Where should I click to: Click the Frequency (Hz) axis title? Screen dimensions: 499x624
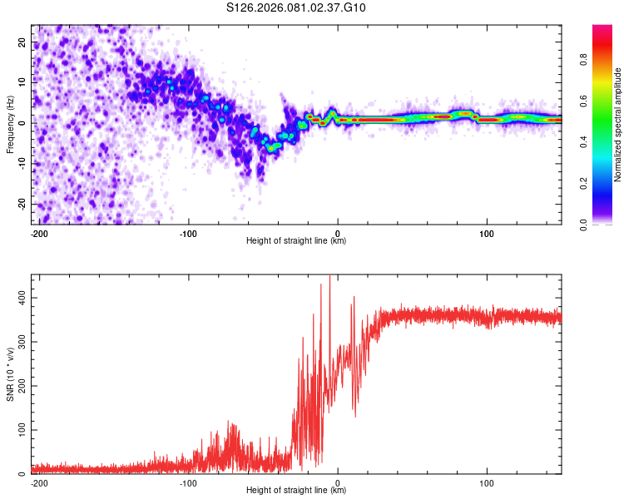coord(10,124)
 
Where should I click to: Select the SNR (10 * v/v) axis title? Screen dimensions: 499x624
coord(10,373)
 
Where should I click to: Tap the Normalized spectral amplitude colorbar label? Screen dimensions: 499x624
coord(618,125)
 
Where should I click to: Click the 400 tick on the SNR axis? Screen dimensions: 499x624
coord(20,297)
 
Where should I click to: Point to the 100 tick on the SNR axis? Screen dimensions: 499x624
coord(20,430)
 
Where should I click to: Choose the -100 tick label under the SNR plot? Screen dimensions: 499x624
coord(188,482)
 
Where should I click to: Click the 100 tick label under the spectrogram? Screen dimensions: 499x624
coord(486,232)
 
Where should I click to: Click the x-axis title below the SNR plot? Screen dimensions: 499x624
coord(296,491)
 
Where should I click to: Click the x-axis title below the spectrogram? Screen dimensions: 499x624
coord(296,241)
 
